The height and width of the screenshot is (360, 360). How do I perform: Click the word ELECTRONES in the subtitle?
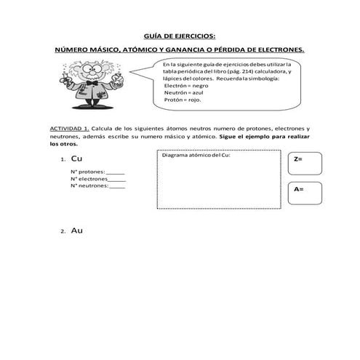(x=277, y=49)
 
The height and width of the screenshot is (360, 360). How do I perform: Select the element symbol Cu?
(x=77, y=159)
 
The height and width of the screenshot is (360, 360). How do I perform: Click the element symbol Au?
(x=77, y=230)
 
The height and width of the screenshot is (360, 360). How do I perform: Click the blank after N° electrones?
(x=116, y=178)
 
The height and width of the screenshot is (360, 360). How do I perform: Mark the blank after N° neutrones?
(x=117, y=185)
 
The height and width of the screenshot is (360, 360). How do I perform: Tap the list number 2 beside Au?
(x=63, y=231)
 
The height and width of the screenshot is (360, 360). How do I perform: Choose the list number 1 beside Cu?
(x=63, y=160)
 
